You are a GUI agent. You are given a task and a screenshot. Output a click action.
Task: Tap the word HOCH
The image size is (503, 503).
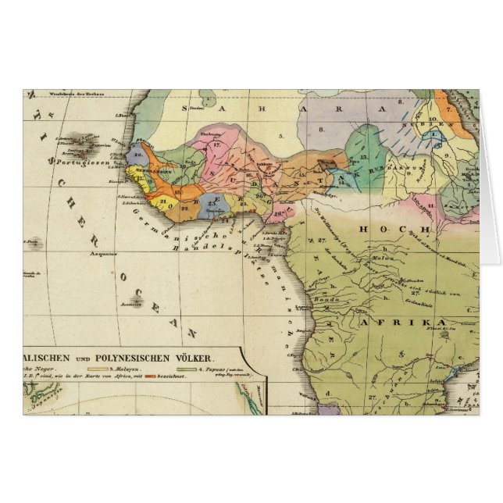(394, 230)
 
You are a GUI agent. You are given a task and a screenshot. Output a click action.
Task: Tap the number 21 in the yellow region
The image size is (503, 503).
(162, 199)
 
